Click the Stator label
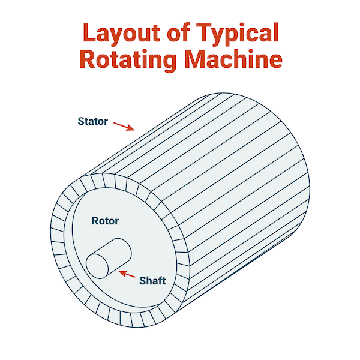point(92,121)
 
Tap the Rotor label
point(105,221)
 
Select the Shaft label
point(152,280)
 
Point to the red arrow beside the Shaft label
point(128,275)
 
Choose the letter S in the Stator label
point(81,121)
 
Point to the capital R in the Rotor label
point(95,221)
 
